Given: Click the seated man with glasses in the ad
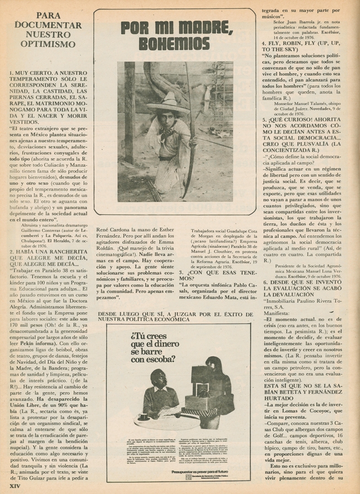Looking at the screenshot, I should (160, 396).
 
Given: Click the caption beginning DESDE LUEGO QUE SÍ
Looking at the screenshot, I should (175, 317).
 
